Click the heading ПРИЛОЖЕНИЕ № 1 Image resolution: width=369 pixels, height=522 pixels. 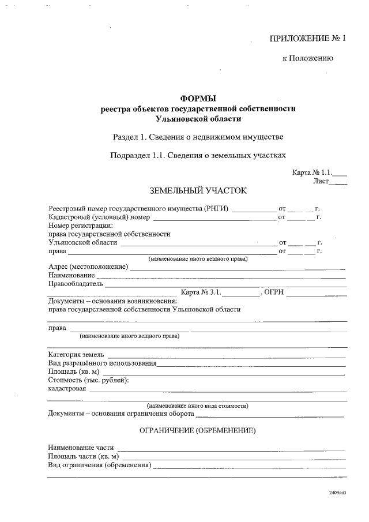(307, 39)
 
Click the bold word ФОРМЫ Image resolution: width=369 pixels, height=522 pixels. (198, 99)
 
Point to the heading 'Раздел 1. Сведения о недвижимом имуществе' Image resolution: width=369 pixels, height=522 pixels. (198, 137)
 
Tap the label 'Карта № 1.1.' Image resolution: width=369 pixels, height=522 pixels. (313, 172)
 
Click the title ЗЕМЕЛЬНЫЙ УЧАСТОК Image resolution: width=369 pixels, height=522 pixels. (198, 190)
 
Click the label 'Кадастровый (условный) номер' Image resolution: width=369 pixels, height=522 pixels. (99, 217)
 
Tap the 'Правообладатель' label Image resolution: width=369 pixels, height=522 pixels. (76, 284)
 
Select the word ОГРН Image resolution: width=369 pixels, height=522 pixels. (274, 292)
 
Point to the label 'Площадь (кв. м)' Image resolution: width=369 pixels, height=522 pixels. (75, 371)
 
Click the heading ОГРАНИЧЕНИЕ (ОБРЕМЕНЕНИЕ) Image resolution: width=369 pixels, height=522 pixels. (198, 431)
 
